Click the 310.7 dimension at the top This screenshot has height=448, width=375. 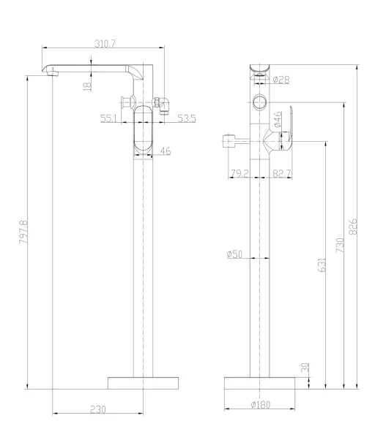pyautogui.click(x=105, y=44)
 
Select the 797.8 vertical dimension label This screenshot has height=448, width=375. pyautogui.click(x=23, y=232)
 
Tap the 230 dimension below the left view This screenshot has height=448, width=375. pyautogui.click(x=98, y=409)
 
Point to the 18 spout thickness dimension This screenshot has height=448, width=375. pyautogui.click(x=88, y=86)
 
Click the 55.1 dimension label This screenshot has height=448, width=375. pyautogui.click(x=109, y=118)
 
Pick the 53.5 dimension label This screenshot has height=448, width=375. pyautogui.click(x=187, y=118)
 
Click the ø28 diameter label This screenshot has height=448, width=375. pyautogui.click(x=281, y=80)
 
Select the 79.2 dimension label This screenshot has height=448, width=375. pyautogui.click(x=240, y=173)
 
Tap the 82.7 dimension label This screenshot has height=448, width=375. pyautogui.click(x=282, y=173)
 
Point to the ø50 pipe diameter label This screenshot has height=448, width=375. pyautogui.click(x=234, y=254)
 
